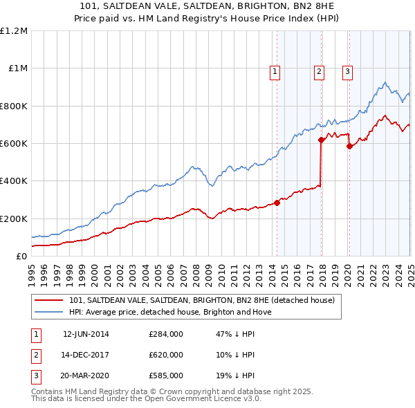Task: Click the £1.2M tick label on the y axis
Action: pyautogui.click(x=14, y=31)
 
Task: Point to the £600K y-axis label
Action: pyautogui.click(x=14, y=144)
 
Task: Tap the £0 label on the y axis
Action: pyautogui.click(x=21, y=257)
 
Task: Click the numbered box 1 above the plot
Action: pyautogui.click(x=275, y=71)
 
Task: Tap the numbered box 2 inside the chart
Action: pyautogui.click(x=319, y=71)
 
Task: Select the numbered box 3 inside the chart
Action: pyautogui.click(x=347, y=71)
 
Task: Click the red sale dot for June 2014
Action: pyautogui.click(x=277, y=203)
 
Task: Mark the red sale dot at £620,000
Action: pyautogui.click(x=321, y=140)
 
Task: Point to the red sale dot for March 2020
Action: pyautogui.click(x=349, y=146)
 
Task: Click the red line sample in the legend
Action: pyautogui.click(x=49, y=300)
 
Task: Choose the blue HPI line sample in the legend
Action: pyautogui.click(x=49, y=312)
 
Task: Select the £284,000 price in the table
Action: pyautogui.click(x=165, y=334)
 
